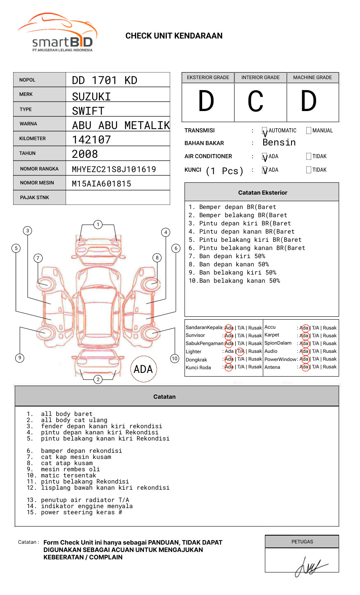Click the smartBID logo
tap(57, 33)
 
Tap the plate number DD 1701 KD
tap(105, 80)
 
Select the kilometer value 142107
tap(91, 140)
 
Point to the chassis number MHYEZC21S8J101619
tap(114, 169)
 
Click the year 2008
tap(85, 154)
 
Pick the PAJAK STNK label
tap(34, 198)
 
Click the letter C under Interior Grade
tap(255, 102)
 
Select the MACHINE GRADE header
tap(312, 77)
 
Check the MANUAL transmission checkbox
tap(309, 131)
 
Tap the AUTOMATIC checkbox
tap(265, 131)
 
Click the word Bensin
tap(279, 143)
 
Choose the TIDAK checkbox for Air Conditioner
tap(309, 157)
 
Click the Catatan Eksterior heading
tap(262, 193)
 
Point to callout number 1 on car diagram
tap(98, 225)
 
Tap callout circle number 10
tap(175, 359)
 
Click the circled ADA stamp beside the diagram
tap(143, 369)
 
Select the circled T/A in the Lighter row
tap(240, 351)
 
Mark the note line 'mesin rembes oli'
tap(70, 469)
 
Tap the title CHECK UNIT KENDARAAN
tap(174, 36)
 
